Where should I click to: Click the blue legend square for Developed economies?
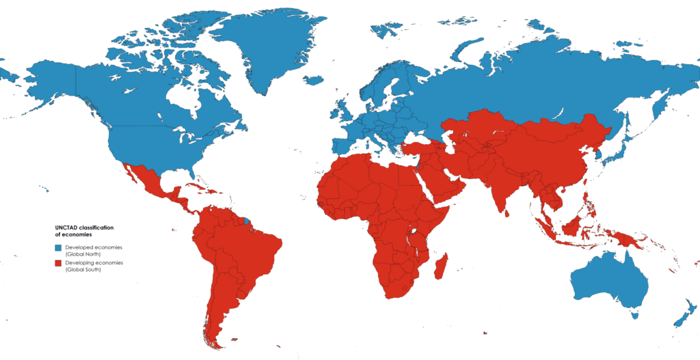(58, 247)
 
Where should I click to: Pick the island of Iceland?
(313, 80)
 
